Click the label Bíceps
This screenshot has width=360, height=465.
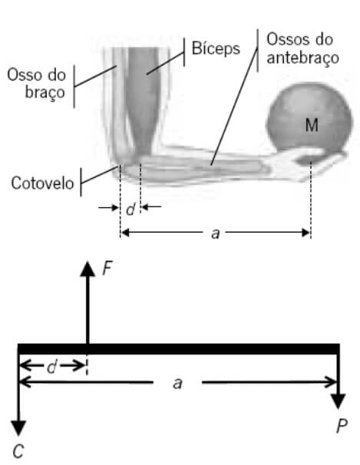[216, 48]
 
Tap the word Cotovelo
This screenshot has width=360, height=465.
[42, 183]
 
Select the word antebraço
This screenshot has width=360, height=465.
[302, 58]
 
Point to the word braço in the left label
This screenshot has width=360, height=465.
[45, 93]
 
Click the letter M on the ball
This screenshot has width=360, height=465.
[312, 125]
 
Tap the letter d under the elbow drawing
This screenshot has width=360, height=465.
[130, 209]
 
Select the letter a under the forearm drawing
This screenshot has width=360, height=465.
[216, 234]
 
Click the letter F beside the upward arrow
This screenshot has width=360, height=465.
[107, 269]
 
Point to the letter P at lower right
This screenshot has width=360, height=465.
[342, 426]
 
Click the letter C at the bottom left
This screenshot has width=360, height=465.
[18, 452]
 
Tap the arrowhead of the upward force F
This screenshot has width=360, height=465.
[88, 269]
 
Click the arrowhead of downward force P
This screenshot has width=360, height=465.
[339, 401]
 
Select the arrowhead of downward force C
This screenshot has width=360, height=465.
[18, 428]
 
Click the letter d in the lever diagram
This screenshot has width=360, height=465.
[51, 367]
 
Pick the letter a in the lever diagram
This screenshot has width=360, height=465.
[177, 384]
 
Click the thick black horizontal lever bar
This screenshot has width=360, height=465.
[179, 349]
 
